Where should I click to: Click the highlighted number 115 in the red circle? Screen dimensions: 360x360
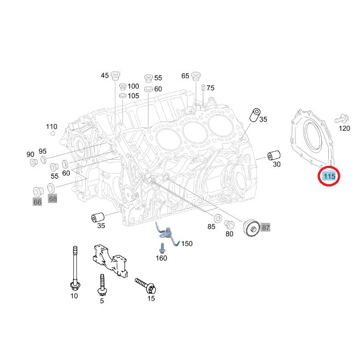pyautogui.click(x=329, y=176)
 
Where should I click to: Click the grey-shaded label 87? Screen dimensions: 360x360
pyautogui.click(x=266, y=227)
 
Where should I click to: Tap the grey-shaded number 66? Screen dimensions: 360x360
pyautogui.click(x=37, y=202)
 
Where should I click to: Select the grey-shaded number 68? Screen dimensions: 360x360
pyautogui.click(x=52, y=199)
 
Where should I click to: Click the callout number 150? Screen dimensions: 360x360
pyautogui.click(x=186, y=244)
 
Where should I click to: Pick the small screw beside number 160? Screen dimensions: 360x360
pyautogui.click(x=162, y=248)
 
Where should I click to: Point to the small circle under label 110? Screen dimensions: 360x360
pyautogui.click(x=53, y=134)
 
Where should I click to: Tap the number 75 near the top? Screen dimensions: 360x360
pyautogui.click(x=210, y=88)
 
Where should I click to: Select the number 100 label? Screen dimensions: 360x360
pyautogui.click(x=133, y=87)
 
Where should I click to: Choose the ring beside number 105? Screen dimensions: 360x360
pyautogui.click(x=122, y=95)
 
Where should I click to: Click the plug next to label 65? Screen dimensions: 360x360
pyautogui.click(x=196, y=76)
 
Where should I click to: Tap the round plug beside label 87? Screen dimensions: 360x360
pyautogui.click(x=251, y=228)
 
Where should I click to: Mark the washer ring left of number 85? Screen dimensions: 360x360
pyautogui.click(x=217, y=218)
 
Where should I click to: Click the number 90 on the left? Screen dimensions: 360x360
pyautogui.click(x=30, y=154)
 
